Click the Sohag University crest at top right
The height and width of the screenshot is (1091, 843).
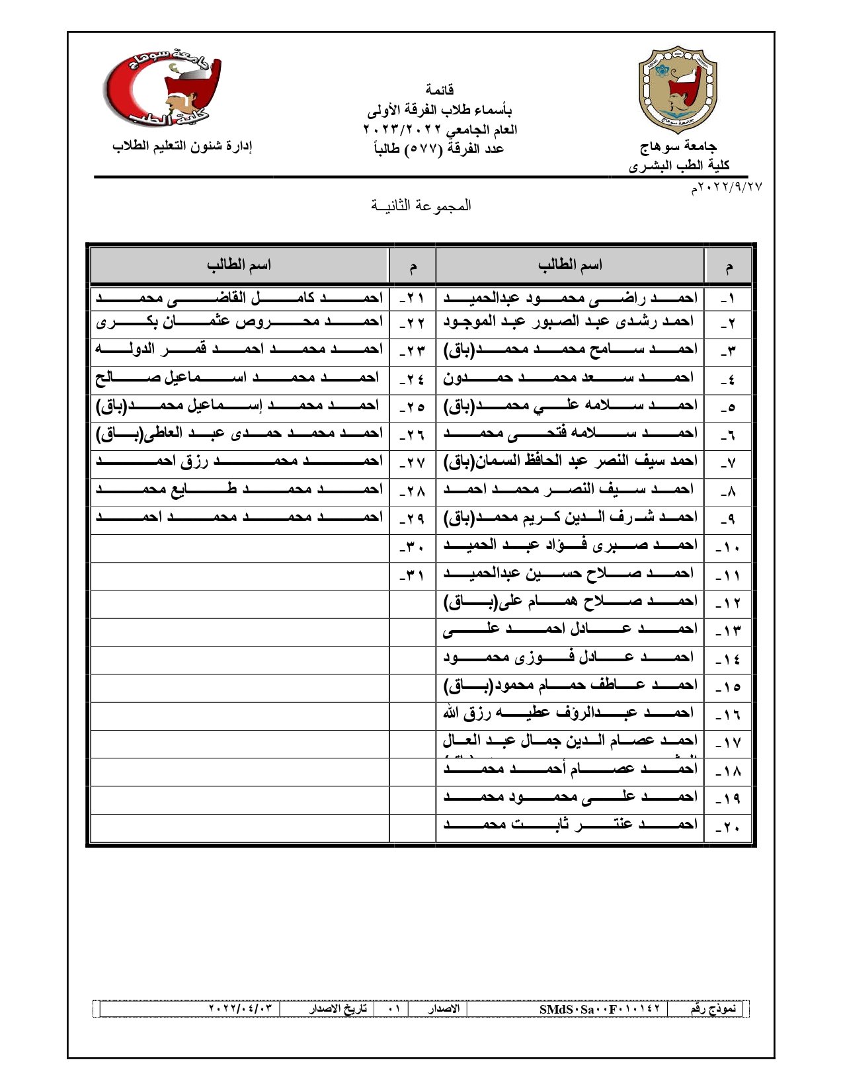[x=678, y=90]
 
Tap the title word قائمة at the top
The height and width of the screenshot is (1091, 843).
[x=439, y=89]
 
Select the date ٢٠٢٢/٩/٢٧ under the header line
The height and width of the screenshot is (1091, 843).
[x=727, y=188]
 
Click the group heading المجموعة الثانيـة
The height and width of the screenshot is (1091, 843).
[x=421, y=206]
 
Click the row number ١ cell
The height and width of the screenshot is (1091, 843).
[x=728, y=299]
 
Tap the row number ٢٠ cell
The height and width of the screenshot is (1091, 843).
[x=728, y=827]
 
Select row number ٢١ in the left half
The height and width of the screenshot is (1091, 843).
[x=413, y=299]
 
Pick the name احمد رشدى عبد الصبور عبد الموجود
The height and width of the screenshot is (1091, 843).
[x=569, y=322]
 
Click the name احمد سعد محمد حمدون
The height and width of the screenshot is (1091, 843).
[x=569, y=378]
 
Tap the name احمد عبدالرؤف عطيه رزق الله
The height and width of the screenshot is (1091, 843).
[x=569, y=713]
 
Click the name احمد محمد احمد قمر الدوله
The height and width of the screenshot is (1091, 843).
[x=239, y=349]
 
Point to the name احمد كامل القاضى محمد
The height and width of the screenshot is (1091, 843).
[x=239, y=298]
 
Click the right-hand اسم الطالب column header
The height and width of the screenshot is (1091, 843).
[x=570, y=266]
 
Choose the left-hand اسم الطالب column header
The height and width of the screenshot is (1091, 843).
[x=239, y=266]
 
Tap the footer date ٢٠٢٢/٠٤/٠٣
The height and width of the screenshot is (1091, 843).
[x=240, y=1009]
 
